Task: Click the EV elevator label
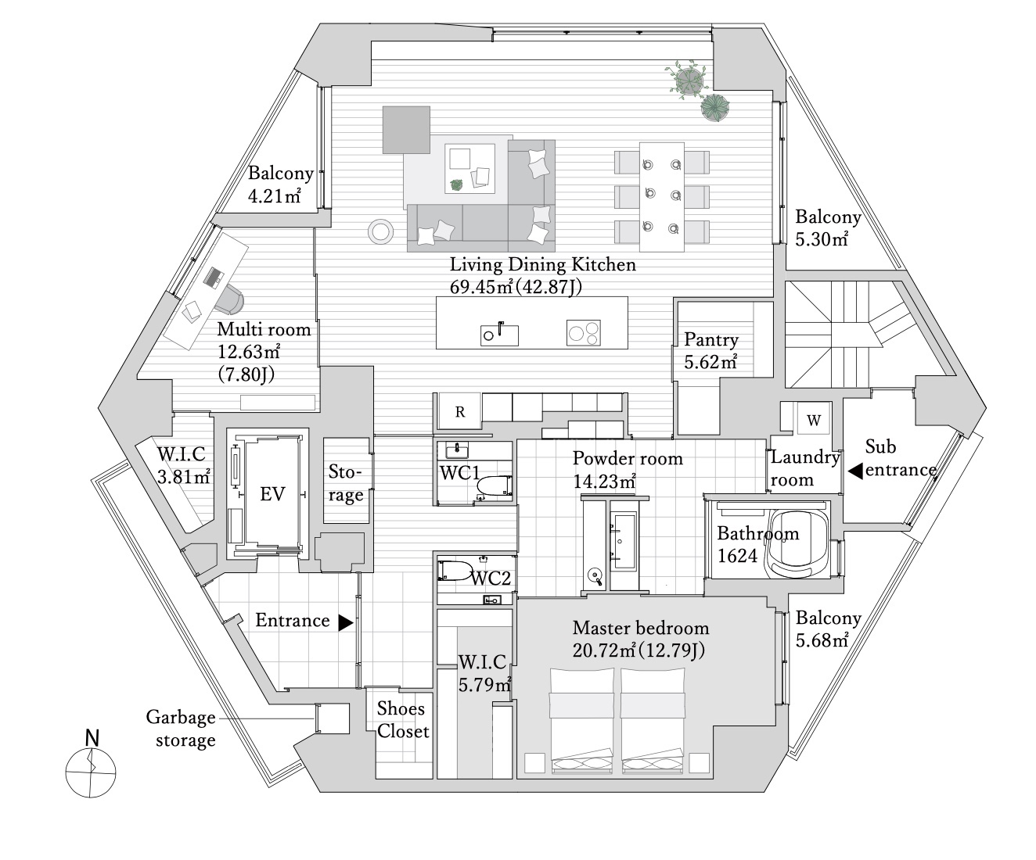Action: tap(272, 493)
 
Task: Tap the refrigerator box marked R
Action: tap(459, 411)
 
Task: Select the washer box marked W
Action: tap(813, 421)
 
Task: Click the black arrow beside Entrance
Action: tap(346, 622)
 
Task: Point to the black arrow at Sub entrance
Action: tap(855, 471)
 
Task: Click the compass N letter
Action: tap(92, 738)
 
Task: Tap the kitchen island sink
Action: tap(499, 335)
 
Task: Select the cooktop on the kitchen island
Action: tap(584, 332)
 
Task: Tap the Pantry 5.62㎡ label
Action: tap(711, 351)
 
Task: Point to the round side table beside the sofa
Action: tap(380, 231)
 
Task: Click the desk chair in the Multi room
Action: tap(230, 299)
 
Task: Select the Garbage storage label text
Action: tap(181, 729)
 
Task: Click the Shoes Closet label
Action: tap(403, 720)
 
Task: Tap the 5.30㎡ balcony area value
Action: tap(822, 239)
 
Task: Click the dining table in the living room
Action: tap(662, 197)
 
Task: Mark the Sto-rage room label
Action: tap(346, 483)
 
